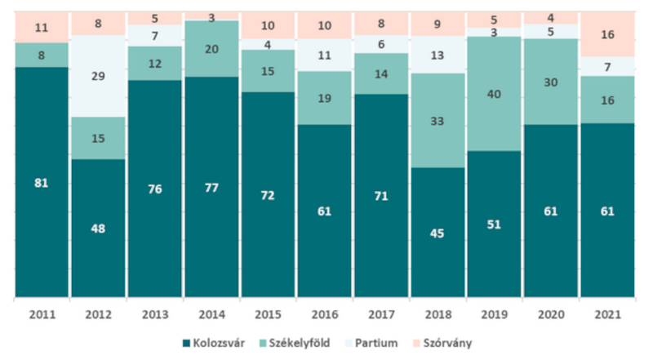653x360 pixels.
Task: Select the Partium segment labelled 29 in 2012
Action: (97, 75)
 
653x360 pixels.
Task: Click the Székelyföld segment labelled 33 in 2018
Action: (438, 120)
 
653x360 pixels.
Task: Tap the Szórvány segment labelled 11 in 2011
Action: (41, 27)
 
